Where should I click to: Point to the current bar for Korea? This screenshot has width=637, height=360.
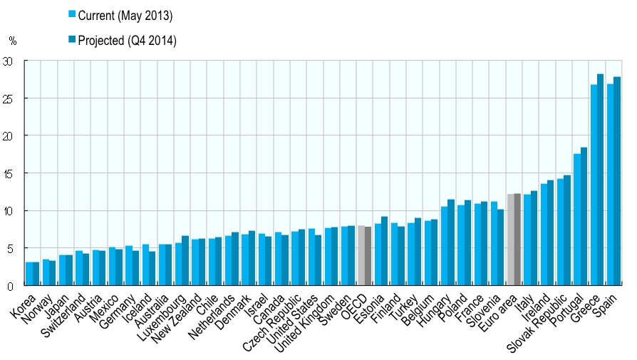pyautogui.click(x=29, y=274)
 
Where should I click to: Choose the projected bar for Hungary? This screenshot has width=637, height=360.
pyautogui.click(x=450, y=242)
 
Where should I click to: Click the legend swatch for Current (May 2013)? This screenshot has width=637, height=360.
pyautogui.click(x=72, y=14)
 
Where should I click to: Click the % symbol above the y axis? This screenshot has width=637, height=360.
pyautogui.click(x=12, y=41)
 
